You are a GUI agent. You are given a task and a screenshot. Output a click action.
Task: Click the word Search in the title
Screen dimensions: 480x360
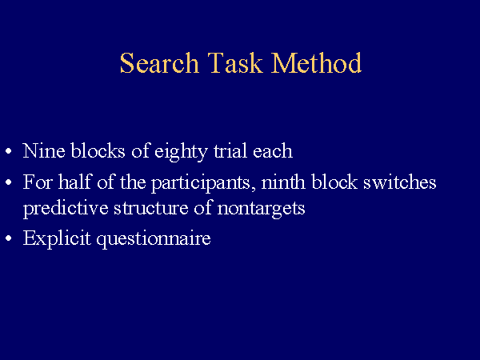159,62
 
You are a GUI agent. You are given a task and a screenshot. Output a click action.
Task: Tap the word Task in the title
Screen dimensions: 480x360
235,62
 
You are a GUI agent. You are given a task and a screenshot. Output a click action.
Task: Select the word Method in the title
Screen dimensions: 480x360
316,62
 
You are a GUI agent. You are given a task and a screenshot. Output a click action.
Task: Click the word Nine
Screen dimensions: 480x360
44,150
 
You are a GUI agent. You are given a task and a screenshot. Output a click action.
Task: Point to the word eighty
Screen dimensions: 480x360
181,153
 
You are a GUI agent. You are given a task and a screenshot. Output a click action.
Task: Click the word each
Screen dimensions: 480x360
273,150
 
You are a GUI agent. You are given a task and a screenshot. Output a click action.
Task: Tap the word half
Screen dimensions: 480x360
75,182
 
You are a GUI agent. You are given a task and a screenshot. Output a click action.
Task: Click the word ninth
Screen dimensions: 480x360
283,182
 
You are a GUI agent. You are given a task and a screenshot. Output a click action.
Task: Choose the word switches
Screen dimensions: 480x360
399,182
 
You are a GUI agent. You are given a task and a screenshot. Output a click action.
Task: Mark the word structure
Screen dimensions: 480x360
151,208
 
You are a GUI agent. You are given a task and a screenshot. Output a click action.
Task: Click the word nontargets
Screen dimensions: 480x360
261,210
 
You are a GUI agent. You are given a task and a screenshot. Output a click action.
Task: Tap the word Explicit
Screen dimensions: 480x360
57,239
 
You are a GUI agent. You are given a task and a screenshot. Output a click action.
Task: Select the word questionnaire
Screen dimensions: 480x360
154,239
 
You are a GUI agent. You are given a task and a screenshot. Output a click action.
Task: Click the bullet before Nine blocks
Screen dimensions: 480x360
9,151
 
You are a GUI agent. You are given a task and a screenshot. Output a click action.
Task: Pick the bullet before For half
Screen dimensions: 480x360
9,182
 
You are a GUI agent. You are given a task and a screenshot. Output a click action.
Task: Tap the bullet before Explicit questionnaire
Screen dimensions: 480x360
9,238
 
